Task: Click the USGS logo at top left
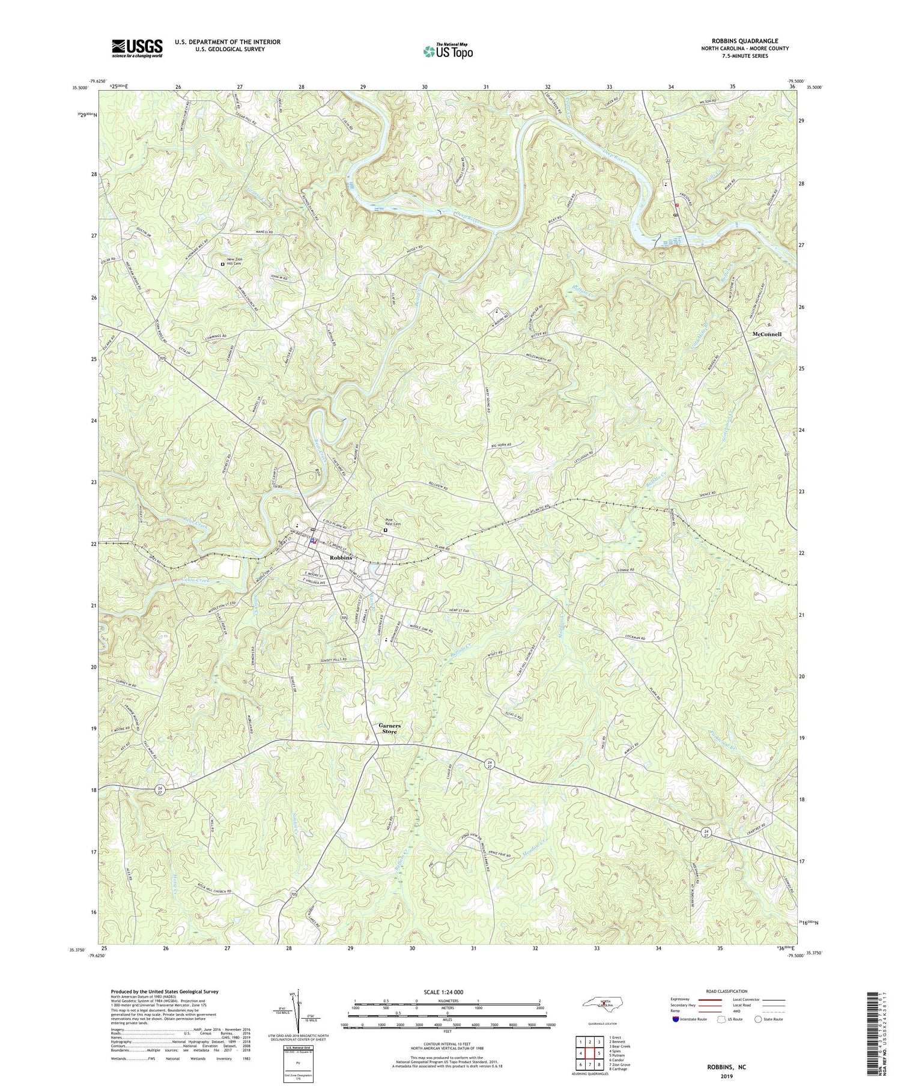[137, 48]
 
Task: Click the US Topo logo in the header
[447, 52]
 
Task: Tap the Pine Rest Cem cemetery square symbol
[386, 530]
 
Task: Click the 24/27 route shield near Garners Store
[490, 764]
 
